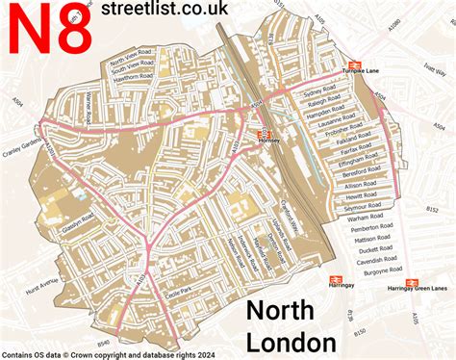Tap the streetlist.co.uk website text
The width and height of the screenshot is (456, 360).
(x=173, y=11)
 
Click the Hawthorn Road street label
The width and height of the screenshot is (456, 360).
(x=134, y=81)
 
